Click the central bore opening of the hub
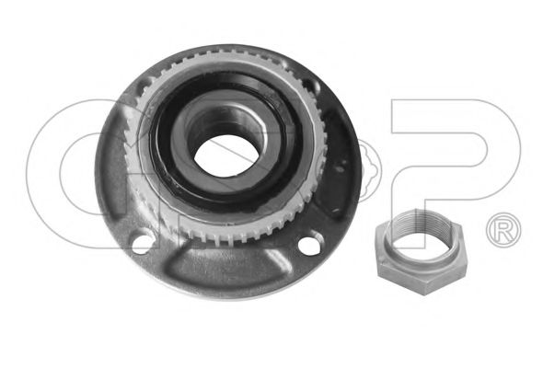(226, 155)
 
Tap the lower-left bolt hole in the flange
(143, 241)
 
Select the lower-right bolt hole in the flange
(309, 245)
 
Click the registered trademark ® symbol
(503, 230)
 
